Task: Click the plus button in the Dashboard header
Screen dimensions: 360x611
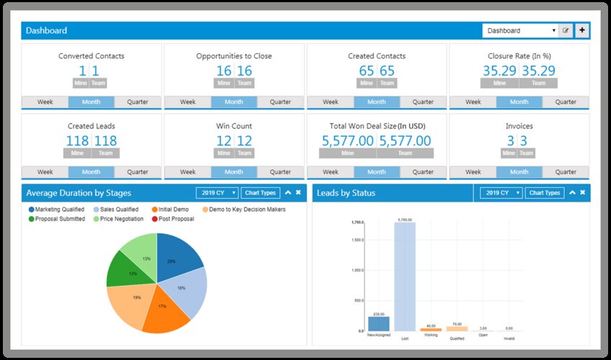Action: pyautogui.click(x=582, y=30)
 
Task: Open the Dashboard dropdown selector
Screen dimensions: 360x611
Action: pyautogui.click(x=521, y=31)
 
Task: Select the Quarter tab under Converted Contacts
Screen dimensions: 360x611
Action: pyautogui.click(x=138, y=102)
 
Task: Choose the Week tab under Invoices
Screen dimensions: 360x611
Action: pyautogui.click(x=473, y=172)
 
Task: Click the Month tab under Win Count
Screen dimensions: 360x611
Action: pyautogui.click(x=233, y=172)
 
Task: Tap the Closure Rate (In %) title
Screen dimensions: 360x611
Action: pyautogui.click(x=519, y=56)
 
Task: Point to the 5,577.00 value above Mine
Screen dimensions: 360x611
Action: pyautogui.click(x=347, y=141)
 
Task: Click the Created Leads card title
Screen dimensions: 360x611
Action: pyautogui.click(x=92, y=126)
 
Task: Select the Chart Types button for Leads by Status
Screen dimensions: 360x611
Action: pyautogui.click(x=544, y=193)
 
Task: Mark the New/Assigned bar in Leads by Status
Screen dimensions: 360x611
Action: pyautogui.click(x=378, y=323)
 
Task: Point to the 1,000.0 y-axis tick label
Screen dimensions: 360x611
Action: pyautogui.click(x=357, y=270)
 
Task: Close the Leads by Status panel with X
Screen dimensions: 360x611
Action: pyautogui.click(x=583, y=193)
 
